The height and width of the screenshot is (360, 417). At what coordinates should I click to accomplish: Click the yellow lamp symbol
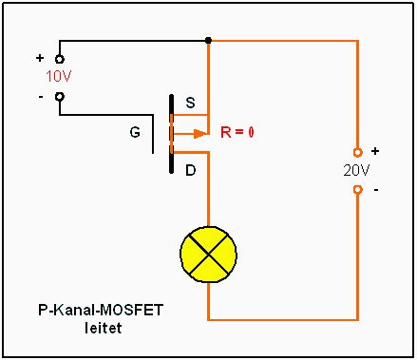coord(208,254)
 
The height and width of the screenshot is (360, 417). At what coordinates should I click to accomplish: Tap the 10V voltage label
coord(59,76)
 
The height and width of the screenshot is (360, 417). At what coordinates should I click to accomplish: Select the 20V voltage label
coord(356,171)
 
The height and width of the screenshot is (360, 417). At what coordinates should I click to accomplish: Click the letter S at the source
coord(190,103)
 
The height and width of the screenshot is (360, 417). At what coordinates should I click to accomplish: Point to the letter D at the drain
coord(190,171)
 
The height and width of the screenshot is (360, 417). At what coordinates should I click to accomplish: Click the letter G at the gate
coord(135,132)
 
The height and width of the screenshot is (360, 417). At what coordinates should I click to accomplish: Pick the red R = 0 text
coord(237,132)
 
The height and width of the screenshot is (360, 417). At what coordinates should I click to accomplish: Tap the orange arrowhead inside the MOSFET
coord(199,134)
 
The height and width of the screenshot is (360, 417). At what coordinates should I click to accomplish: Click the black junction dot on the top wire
coord(208,40)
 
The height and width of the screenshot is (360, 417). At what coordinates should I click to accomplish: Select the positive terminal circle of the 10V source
coord(60,59)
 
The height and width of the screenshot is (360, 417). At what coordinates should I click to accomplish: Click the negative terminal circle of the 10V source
coord(60,96)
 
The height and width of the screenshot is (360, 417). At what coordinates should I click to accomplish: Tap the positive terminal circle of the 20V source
coord(357,153)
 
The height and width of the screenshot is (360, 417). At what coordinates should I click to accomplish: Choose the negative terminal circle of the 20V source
coord(357,190)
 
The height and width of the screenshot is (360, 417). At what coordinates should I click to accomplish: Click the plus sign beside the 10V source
coord(40,58)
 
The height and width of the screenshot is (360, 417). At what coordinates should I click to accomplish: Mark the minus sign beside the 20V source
coord(376,190)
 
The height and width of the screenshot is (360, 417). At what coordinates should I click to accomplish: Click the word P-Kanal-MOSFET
coord(101,310)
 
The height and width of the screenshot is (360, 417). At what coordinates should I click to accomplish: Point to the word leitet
coord(104,328)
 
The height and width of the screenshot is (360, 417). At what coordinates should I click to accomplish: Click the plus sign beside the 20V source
coord(375,151)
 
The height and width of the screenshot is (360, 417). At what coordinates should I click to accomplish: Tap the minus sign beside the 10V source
coord(41,97)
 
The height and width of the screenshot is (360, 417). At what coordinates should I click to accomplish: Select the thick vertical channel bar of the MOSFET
coord(171,134)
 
